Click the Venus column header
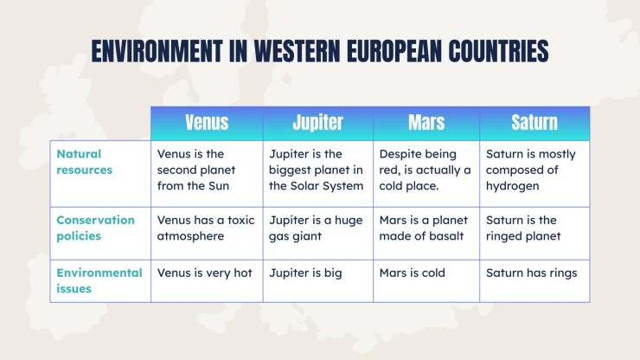coord(207,122)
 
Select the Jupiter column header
coord(317,122)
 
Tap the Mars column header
coord(426,122)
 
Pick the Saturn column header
coord(534,122)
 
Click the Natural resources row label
coord(84,162)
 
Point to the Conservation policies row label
coord(95,228)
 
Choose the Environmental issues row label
coord(99,280)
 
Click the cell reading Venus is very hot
coord(204,273)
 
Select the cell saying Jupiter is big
coord(305,273)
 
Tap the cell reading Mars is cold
coord(413,273)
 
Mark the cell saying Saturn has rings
coord(531,273)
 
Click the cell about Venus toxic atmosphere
coord(206,228)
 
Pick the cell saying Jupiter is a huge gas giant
coord(316,228)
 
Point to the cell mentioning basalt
coord(424,228)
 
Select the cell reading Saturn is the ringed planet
coord(523,228)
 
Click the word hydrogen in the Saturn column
coord(512,186)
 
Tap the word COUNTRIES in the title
coord(498,51)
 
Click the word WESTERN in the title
coord(298,51)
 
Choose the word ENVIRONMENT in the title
coord(157,51)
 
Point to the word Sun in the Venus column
coord(219,186)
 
